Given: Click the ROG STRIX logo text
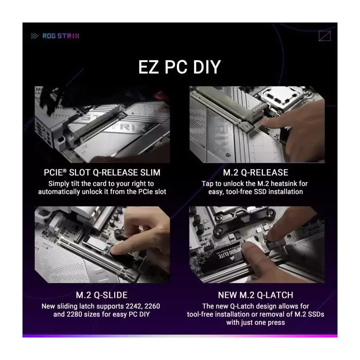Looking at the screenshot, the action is tap(61, 36).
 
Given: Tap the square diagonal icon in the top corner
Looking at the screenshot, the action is tap(324, 36).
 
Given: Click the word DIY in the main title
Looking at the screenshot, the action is tap(207, 67).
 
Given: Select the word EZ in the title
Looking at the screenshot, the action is tap(148, 67).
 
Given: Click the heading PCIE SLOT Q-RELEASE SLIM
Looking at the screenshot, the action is tap(102, 172).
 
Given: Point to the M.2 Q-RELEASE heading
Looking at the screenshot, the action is tap(256, 172).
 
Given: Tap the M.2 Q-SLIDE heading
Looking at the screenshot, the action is tap(102, 295).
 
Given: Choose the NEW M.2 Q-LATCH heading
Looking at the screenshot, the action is tap(256, 295).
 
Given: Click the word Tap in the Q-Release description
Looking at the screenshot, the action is tap(208, 184).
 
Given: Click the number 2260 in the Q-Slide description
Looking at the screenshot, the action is tap(152, 306).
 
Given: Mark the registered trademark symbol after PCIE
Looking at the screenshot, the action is tap(65, 171).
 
